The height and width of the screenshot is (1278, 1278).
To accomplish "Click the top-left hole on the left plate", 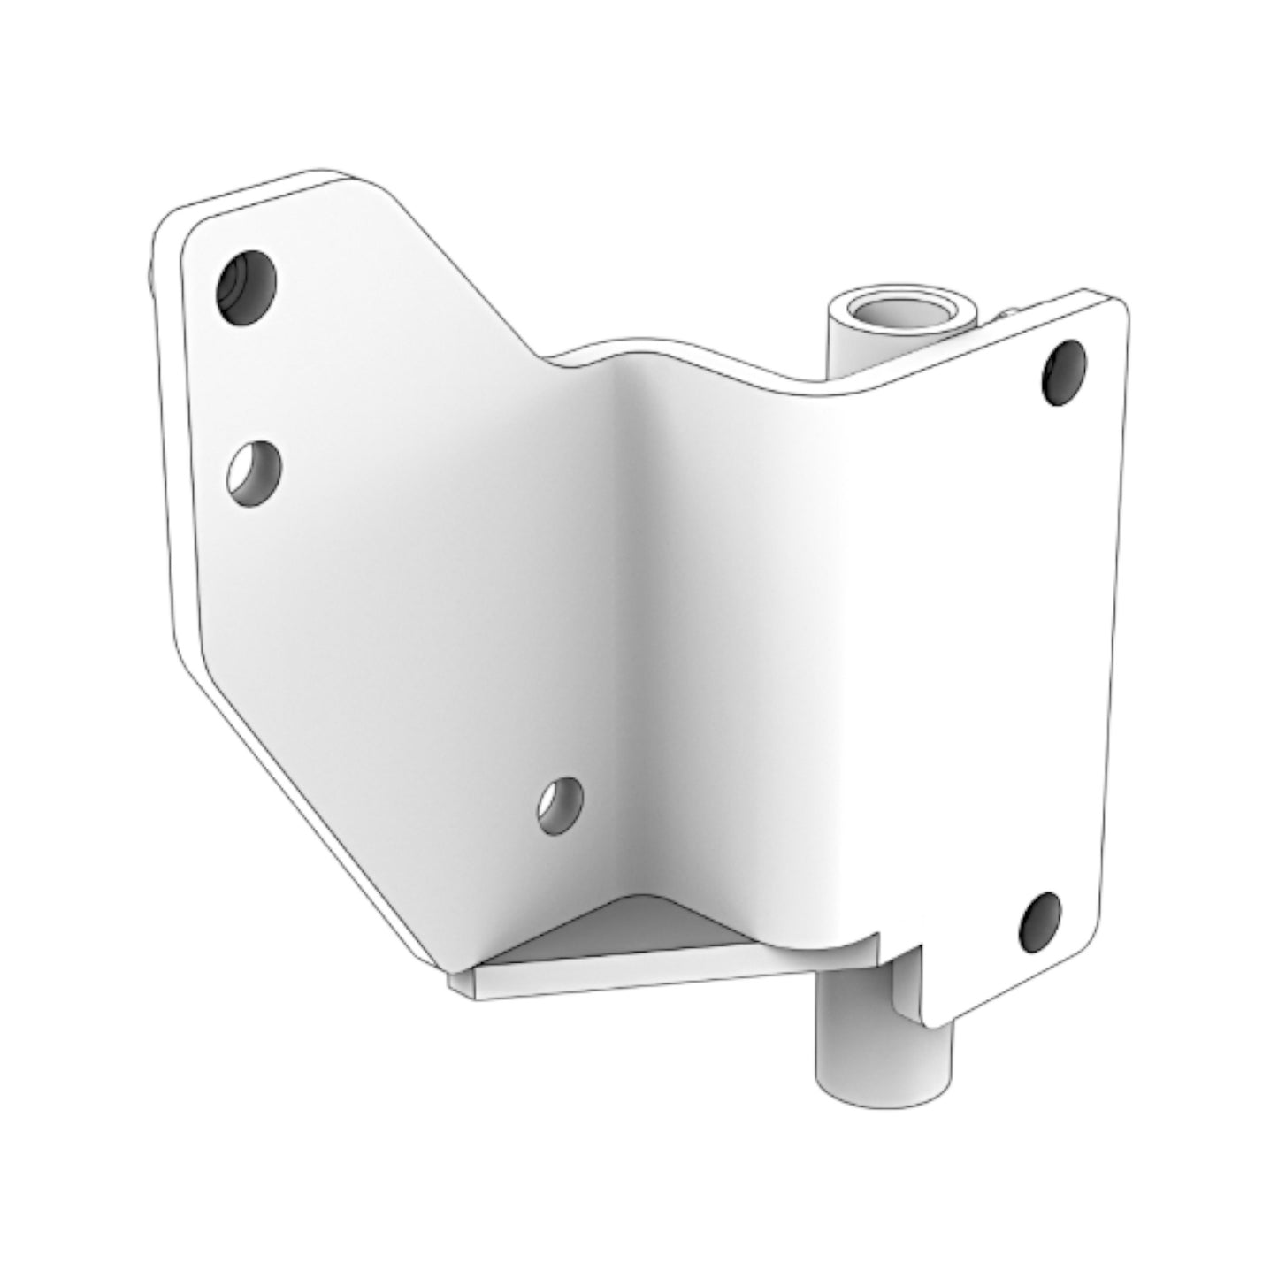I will coord(246,287).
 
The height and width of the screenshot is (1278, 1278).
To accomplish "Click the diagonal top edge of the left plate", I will coord(460,265).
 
